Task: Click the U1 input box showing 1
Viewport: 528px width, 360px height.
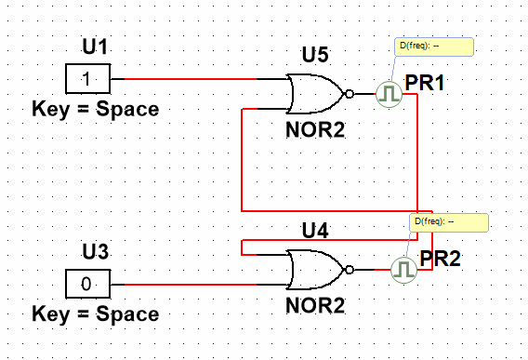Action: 87,78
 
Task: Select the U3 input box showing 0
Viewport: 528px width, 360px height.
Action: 87,284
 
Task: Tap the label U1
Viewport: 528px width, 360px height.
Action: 95,47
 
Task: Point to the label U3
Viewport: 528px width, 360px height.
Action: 96,251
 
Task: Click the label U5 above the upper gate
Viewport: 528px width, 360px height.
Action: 315,55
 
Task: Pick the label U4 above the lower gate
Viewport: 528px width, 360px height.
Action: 315,231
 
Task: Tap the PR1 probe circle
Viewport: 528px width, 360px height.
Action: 389,94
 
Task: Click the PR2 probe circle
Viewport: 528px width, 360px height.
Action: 403,270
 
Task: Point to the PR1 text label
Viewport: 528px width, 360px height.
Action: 425,82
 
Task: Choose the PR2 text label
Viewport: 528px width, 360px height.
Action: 440,259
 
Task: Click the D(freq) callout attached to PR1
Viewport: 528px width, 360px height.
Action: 434,47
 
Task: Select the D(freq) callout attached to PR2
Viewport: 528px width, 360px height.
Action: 449,222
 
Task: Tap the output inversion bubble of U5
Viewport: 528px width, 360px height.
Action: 350,94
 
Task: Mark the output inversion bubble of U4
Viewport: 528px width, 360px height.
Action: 350,270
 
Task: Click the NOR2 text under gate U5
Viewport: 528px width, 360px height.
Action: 315,130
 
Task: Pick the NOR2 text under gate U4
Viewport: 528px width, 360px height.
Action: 315,305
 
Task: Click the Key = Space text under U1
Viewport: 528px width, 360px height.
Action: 96,110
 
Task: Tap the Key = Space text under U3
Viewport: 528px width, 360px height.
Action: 96,314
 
